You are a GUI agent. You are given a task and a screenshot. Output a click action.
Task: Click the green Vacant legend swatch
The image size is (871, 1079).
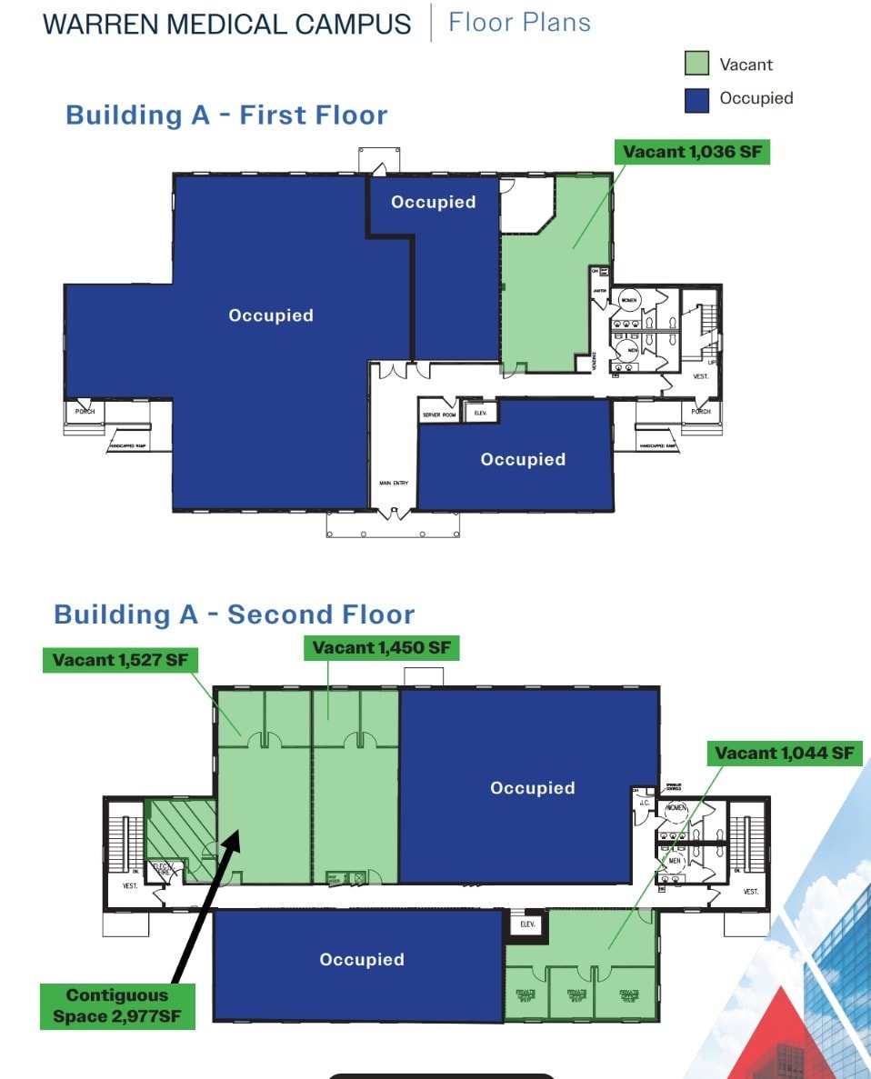click(x=696, y=64)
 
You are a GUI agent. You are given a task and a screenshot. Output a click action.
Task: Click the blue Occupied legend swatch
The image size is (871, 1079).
click(x=696, y=99)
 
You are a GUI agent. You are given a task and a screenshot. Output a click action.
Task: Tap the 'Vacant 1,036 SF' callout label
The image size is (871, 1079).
click(x=692, y=152)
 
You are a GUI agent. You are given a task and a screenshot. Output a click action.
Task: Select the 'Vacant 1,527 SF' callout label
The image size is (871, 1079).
click(x=120, y=660)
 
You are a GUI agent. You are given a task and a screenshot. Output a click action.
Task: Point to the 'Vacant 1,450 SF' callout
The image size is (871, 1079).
click(x=381, y=648)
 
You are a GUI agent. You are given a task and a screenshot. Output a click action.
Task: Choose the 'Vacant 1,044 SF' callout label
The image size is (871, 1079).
click(x=784, y=753)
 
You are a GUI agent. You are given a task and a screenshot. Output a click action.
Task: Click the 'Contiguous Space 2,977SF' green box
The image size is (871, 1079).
click(x=117, y=1006)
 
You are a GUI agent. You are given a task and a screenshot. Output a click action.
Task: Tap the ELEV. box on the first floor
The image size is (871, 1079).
click(x=480, y=413)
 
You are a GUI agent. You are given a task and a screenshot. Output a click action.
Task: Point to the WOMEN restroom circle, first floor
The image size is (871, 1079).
click(x=628, y=299)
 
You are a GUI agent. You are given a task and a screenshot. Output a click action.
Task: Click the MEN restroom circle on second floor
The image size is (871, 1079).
click(x=675, y=860)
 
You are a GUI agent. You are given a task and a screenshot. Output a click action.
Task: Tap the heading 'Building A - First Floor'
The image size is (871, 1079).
click(x=226, y=115)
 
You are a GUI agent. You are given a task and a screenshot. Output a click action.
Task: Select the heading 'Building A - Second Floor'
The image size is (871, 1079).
click(x=235, y=614)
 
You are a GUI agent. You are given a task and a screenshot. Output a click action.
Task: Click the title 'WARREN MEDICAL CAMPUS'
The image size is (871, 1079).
click(x=227, y=24)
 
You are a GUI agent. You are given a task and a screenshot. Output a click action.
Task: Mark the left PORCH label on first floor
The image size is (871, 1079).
click(x=85, y=412)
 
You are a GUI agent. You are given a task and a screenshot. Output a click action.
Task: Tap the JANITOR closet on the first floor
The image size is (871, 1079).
click(x=599, y=292)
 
